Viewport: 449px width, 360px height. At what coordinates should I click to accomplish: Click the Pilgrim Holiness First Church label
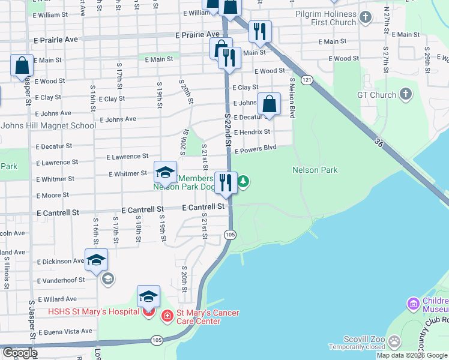[326, 18]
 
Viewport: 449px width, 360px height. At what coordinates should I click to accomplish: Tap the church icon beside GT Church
[406, 94]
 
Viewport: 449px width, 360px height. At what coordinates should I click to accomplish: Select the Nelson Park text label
[315, 170]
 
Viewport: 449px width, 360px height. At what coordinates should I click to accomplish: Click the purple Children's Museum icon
[412, 304]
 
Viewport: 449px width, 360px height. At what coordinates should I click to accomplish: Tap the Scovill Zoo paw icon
[394, 342]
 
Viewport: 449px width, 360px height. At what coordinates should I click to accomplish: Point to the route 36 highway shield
[378, 142]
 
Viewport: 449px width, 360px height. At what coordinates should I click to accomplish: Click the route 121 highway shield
[307, 80]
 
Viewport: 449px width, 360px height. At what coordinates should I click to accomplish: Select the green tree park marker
[243, 181]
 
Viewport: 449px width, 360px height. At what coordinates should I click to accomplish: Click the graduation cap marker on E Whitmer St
[165, 173]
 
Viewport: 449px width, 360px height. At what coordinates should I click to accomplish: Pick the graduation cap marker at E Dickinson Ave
[96, 260]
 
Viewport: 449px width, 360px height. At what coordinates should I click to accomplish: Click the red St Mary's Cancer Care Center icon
[166, 314]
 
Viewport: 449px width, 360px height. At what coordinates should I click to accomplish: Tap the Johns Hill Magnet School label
[48, 125]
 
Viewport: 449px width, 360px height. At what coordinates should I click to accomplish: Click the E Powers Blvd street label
[255, 150]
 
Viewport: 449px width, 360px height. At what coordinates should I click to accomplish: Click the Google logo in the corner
[19, 353]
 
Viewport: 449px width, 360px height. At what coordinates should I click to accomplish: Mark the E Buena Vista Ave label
[65, 331]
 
